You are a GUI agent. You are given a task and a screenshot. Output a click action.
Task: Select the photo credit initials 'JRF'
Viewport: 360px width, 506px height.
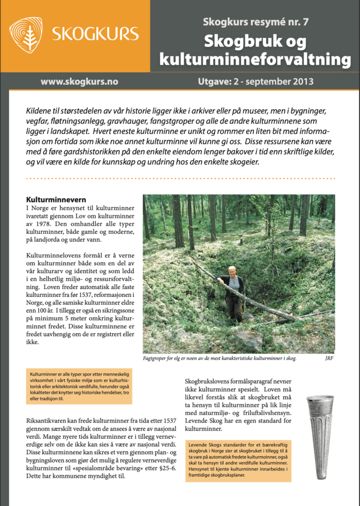click(329, 358)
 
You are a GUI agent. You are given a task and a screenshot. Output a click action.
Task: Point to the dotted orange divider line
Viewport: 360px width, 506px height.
click(180, 178)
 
